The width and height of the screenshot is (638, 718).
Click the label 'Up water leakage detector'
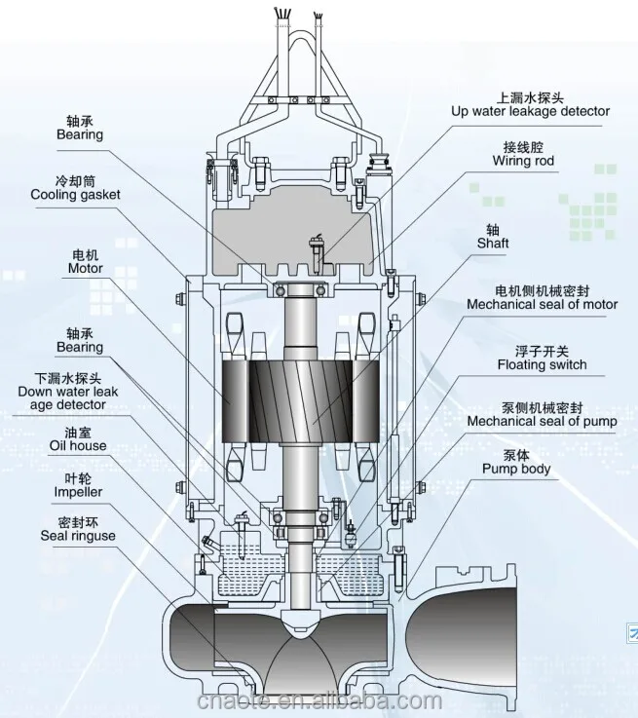click(x=530, y=111)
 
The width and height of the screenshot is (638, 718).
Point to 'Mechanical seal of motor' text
click(x=542, y=304)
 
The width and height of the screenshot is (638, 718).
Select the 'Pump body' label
click(x=516, y=469)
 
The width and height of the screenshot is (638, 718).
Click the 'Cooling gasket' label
click(x=75, y=195)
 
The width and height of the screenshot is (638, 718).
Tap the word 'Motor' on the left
click(x=86, y=268)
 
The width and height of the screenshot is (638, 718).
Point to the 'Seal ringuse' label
click(x=78, y=535)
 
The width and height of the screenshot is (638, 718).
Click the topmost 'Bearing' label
click(x=80, y=134)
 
